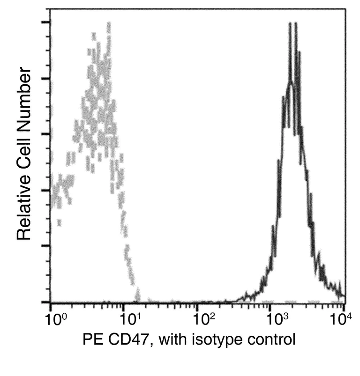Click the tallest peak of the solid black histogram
(290, 23)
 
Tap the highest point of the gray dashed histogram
(109, 23)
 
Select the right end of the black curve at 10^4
(345, 296)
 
